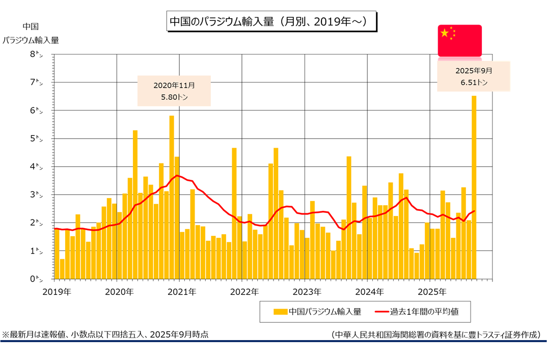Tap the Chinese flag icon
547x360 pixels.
459,40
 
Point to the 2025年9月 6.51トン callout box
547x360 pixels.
474,76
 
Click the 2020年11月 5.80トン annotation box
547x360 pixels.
174,91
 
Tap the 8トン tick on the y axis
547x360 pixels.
37,54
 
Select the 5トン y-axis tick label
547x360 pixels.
37,139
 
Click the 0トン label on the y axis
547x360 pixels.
37,279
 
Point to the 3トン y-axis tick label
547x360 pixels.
37,195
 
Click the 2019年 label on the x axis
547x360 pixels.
57,292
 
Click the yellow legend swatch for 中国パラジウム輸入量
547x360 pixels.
279,312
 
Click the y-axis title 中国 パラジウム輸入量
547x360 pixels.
31,34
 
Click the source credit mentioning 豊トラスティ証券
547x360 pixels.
435,335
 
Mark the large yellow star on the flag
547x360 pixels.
445,33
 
